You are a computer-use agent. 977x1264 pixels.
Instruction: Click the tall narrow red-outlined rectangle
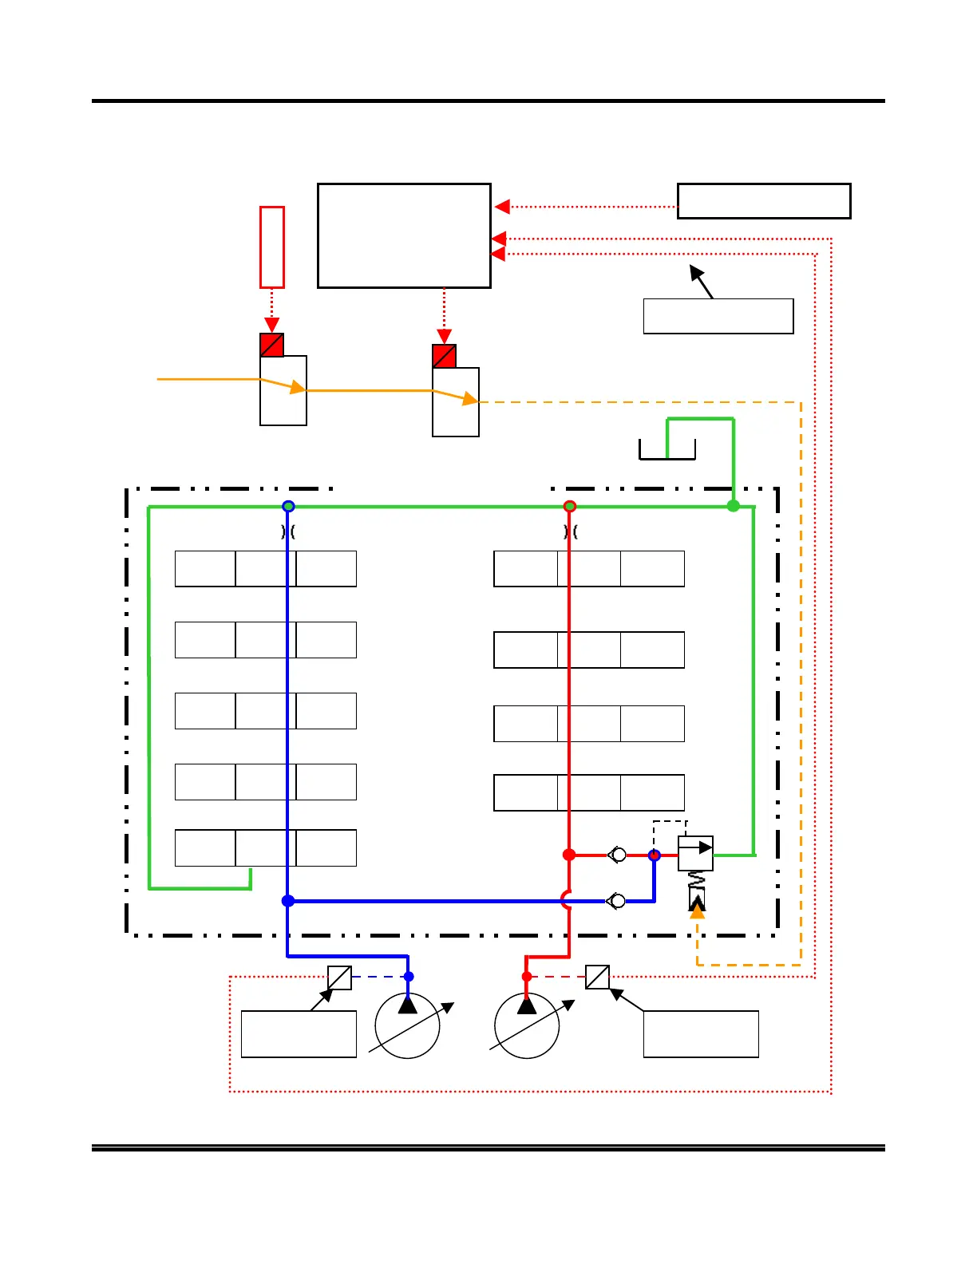pyautogui.click(x=272, y=247)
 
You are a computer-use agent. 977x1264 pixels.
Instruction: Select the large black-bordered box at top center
pyautogui.click(x=404, y=235)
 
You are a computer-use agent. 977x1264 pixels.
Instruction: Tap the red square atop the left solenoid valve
pyautogui.click(x=272, y=345)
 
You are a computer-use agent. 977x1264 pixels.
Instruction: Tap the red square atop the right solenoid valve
pyautogui.click(x=445, y=356)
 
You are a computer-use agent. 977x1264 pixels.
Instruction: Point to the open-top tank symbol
pyautogui.click(x=667, y=451)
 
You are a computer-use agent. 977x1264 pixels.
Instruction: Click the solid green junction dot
pyautogui.click(x=733, y=506)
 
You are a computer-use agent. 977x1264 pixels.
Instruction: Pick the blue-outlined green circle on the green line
pyautogui.click(x=289, y=507)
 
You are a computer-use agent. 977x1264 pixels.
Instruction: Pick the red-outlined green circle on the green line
pyautogui.click(x=569, y=507)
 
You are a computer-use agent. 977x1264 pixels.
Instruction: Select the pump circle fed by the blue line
pyautogui.click(x=408, y=1026)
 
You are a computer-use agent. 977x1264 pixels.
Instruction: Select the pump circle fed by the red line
pyautogui.click(x=527, y=1026)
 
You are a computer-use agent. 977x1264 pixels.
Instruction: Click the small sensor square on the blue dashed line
pyautogui.click(x=340, y=978)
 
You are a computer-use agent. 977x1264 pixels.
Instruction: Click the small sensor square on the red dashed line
pyautogui.click(x=597, y=978)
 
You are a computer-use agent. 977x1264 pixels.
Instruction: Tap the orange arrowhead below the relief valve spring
pyautogui.click(x=697, y=910)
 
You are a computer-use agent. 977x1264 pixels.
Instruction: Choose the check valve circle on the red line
pyautogui.click(x=618, y=855)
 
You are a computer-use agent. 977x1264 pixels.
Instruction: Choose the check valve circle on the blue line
pyautogui.click(x=617, y=902)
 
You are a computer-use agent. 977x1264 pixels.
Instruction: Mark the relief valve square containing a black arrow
pyautogui.click(x=695, y=854)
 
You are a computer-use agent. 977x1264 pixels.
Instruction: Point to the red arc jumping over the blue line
pyautogui.click(x=565, y=901)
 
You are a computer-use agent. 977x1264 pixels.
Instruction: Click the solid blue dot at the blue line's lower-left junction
pyautogui.click(x=288, y=901)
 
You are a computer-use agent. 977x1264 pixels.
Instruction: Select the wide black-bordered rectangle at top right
pyautogui.click(x=764, y=201)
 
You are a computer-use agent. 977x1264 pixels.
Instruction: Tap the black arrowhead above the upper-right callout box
pyautogui.click(x=696, y=271)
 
